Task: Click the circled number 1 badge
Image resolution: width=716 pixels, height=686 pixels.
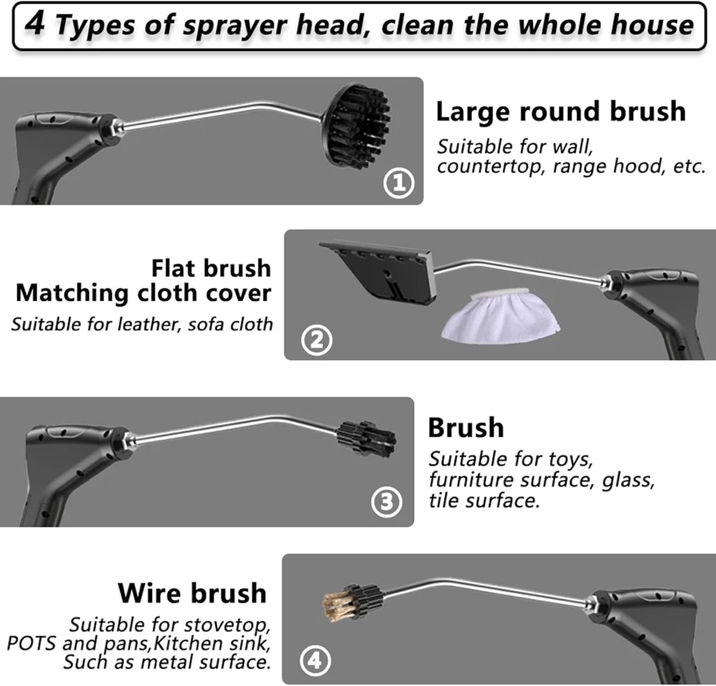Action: [x=399, y=183]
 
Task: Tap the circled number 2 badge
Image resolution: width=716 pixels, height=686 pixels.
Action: [x=316, y=339]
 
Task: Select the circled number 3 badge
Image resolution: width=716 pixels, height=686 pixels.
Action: [x=386, y=502]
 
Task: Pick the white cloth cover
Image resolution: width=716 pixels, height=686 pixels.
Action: [x=501, y=315]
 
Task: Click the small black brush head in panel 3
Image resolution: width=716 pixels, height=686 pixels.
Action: [x=367, y=440]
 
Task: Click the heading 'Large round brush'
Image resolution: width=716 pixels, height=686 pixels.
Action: [x=561, y=112]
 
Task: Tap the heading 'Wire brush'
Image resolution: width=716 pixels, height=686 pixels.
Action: [x=192, y=592]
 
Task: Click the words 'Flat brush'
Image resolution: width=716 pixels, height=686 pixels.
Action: [x=211, y=268]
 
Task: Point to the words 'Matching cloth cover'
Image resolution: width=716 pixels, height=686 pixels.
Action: [x=143, y=293]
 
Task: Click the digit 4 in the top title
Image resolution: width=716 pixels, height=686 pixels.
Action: [x=36, y=24]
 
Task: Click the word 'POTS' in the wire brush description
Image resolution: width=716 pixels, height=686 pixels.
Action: [x=31, y=643]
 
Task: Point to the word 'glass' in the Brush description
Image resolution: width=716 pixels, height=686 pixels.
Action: [x=628, y=480]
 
